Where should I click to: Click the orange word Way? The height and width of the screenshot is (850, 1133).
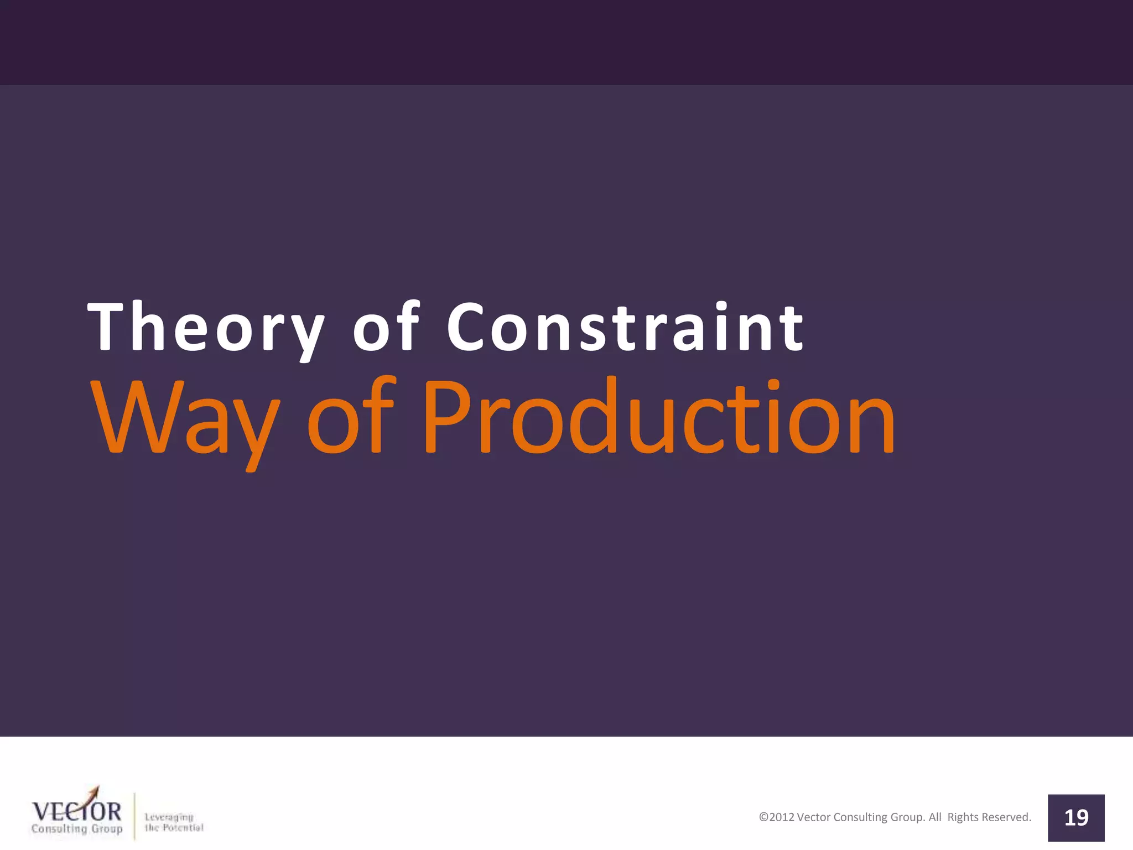tap(185, 418)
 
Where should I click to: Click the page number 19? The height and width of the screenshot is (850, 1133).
tap(1076, 818)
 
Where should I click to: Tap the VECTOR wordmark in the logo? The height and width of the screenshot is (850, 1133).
tap(76, 812)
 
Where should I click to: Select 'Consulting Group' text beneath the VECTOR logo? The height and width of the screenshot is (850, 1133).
tap(77, 829)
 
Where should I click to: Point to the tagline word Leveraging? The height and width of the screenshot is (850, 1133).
tap(169, 817)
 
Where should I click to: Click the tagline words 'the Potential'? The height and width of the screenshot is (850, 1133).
tap(174, 828)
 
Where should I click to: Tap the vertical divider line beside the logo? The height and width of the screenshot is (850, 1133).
tap(134, 816)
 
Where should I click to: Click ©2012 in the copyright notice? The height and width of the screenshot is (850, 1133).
tap(776, 817)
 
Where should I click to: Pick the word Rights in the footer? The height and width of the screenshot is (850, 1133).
tap(963, 817)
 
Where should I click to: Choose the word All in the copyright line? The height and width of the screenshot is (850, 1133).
tap(934, 817)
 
